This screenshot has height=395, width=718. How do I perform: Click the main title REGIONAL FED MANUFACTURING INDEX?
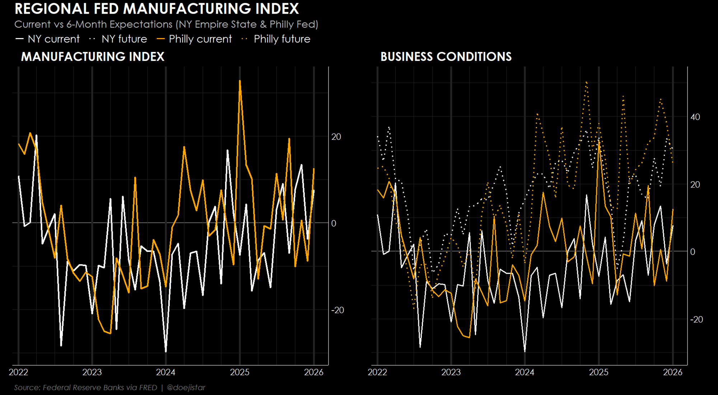point(157,9)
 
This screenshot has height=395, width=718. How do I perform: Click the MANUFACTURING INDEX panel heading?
point(93,57)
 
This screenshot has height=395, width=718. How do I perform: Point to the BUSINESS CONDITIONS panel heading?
point(446,57)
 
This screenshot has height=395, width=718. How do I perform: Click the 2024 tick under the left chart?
point(165,372)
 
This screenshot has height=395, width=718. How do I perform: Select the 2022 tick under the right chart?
point(377,372)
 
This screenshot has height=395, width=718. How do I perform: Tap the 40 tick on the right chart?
point(695,117)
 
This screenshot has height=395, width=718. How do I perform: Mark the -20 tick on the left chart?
point(337,310)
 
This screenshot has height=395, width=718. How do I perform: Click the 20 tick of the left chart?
point(336,137)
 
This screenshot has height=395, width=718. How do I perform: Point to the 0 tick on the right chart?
point(693,252)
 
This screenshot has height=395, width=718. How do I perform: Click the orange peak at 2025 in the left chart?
point(240,81)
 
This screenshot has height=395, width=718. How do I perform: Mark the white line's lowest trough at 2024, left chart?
point(165,351)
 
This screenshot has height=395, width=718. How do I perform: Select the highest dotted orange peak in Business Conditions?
point(586,82)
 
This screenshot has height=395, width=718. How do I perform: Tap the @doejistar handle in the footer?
point(186,387)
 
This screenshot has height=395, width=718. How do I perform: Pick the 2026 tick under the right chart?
point(672,372)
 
